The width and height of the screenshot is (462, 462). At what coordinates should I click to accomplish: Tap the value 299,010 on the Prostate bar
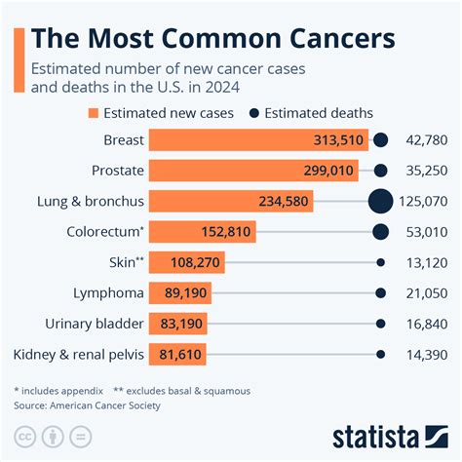point(333,171)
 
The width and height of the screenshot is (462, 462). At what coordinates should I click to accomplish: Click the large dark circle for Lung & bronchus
point(381,202)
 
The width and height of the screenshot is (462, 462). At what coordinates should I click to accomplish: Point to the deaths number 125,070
point(425,202)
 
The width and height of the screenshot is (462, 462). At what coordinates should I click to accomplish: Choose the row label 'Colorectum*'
point(105,232)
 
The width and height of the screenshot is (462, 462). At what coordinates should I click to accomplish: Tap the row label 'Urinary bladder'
point(95,324)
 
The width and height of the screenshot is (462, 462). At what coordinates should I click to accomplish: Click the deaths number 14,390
point(429,355)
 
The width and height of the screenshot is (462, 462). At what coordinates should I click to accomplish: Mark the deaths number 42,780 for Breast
point(429,140)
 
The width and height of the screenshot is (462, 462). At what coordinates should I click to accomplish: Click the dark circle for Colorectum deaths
point(381,232)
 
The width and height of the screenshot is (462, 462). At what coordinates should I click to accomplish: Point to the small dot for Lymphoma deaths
point(381,293)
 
